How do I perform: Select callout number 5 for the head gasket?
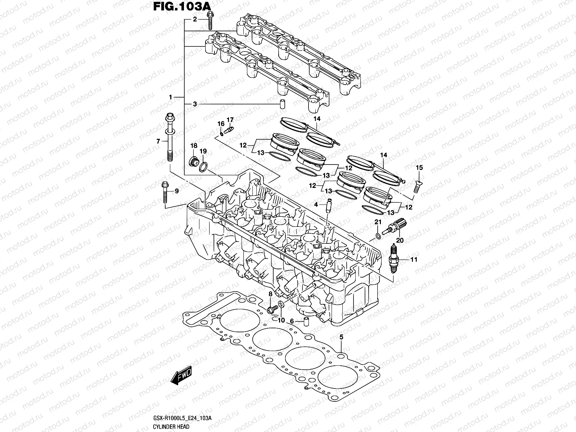click(x=341, y=337)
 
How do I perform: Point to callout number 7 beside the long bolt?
click(x=158, y=141)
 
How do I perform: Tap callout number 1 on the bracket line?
click(x=171, y=97)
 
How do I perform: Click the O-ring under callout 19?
click(x=203, y=167)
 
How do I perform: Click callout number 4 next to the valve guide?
click(x=316, y=204)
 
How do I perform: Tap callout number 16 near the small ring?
click(x=221, y=123)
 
